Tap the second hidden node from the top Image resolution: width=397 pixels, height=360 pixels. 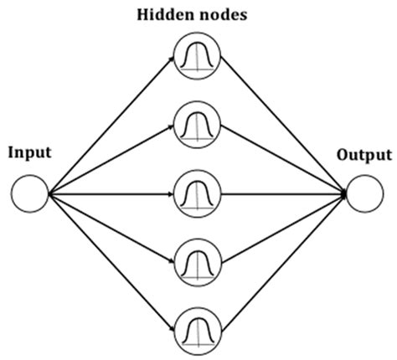(198, 126)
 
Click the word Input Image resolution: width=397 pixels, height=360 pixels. (30, 153)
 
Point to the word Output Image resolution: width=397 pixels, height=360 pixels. (363, 155)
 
